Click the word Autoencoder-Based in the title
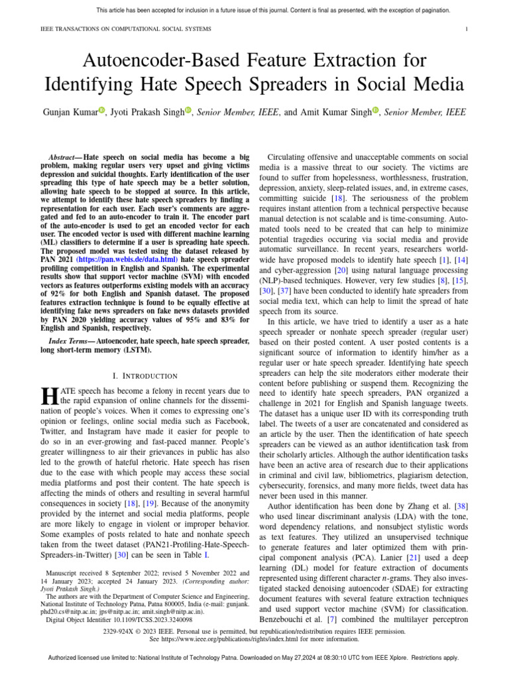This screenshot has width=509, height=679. pyautogui.click(x=168, y=61)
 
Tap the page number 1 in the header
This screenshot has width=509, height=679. pyautogui.click(x=467, y=29)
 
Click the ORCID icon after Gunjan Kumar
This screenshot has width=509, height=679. pyautogui.click(x=101, y=111)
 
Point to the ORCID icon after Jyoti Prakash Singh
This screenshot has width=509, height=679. pyautogui.click(x=188, y=111)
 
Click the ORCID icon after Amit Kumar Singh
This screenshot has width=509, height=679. pyautogui.click(x=375, y=111)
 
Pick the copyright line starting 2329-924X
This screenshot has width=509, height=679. pyautogui.click(x=254, y=631)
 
